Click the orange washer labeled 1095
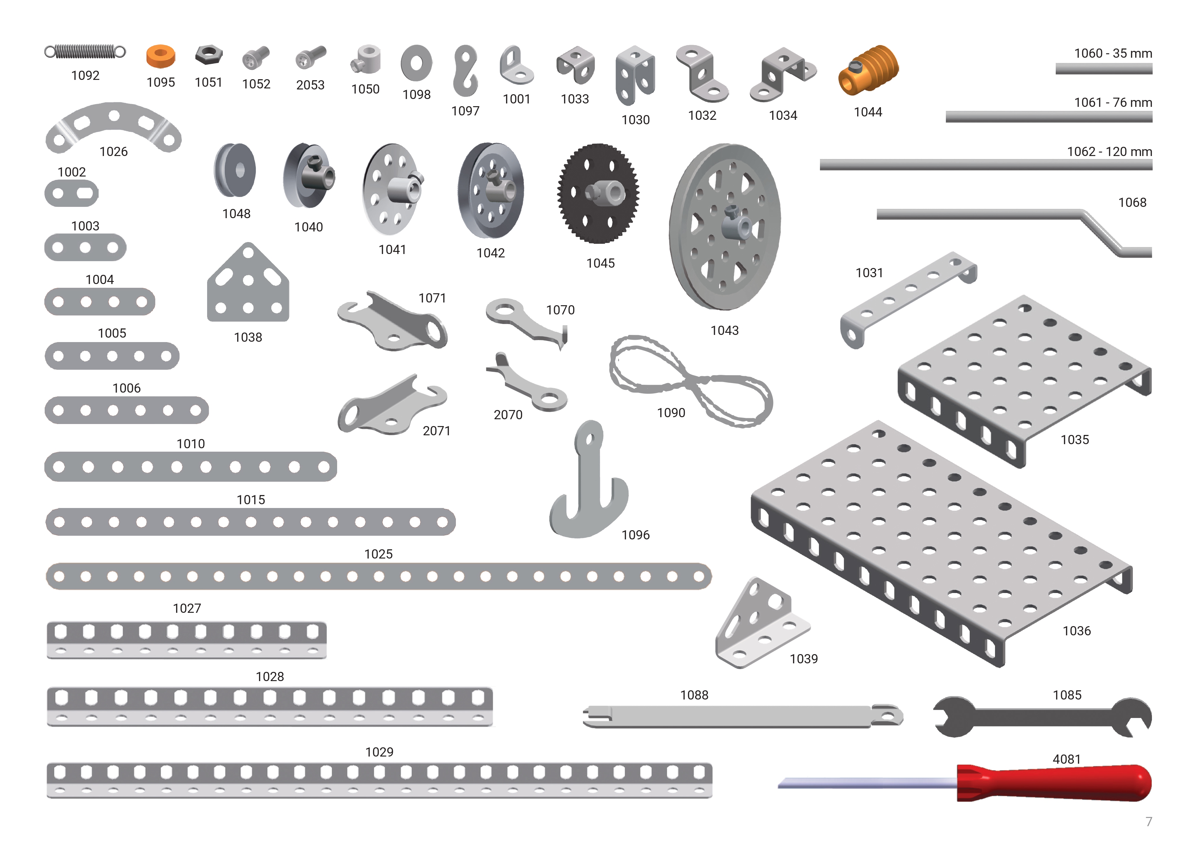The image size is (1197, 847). click(x=161, y=56)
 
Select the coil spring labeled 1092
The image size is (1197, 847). click(x=85, y=52)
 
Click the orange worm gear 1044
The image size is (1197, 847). click(x=868, y=70)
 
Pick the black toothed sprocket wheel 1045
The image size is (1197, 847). click(x=598, y=194)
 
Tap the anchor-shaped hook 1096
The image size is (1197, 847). click(x=589, y=480)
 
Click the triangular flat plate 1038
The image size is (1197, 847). click(x=248, y=284)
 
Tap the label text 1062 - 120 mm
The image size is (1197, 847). click(x=1109, y=152)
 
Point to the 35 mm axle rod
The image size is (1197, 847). click(x=1104, y=69)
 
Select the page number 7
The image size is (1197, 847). click(x=1149, y=821)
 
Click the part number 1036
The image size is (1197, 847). click(x=1077, y=631)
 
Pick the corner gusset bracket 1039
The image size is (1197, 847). click(x=761, y=623)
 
